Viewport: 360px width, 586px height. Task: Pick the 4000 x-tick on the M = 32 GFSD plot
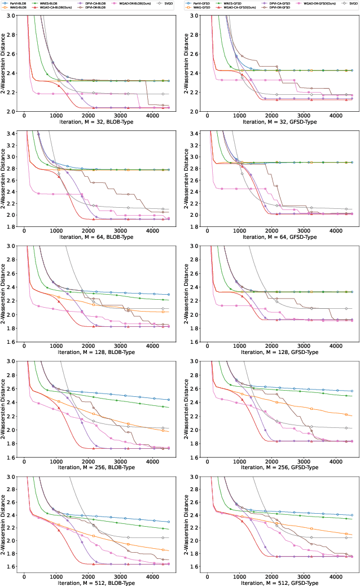click(x=335, y=116)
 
